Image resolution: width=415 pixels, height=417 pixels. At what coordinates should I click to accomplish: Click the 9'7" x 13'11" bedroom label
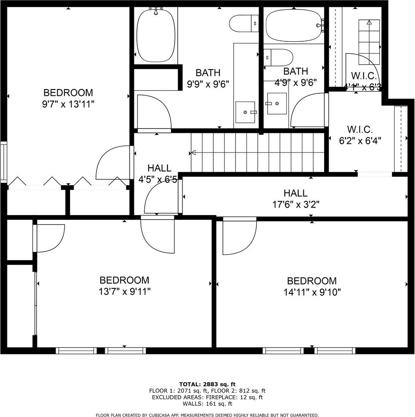click(x=68, y=98)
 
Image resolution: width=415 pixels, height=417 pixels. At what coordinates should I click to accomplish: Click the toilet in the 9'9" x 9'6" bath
click(x=244, y=23)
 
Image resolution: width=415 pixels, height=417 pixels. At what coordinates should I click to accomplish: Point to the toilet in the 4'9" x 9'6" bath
click(x=279, y=57)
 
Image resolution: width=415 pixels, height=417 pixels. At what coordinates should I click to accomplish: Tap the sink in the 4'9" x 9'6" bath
click(x=276, y=103)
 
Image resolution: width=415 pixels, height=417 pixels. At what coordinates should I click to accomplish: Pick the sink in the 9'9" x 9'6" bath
click(x=246, y=112)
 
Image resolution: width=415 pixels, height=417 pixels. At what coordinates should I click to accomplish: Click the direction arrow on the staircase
click(x=193, y=152)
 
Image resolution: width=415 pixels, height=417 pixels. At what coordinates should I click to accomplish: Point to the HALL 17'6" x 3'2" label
click(x=295, y=199)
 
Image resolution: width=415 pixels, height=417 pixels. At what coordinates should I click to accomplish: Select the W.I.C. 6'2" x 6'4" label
click(x=359, y=135)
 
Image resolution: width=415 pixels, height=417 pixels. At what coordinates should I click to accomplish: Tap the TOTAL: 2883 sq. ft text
click(x=207, y=384)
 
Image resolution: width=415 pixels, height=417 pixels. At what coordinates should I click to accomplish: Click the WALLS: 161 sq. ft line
click(x=207, y=404)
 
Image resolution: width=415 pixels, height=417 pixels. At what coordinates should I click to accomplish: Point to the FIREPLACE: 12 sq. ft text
click(x=235, y=397)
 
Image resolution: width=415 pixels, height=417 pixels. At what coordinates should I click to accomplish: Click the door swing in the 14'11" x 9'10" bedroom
click(x=237, y=237)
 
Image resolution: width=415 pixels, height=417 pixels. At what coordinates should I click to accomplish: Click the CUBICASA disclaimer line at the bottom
click(x=207, y=415)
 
